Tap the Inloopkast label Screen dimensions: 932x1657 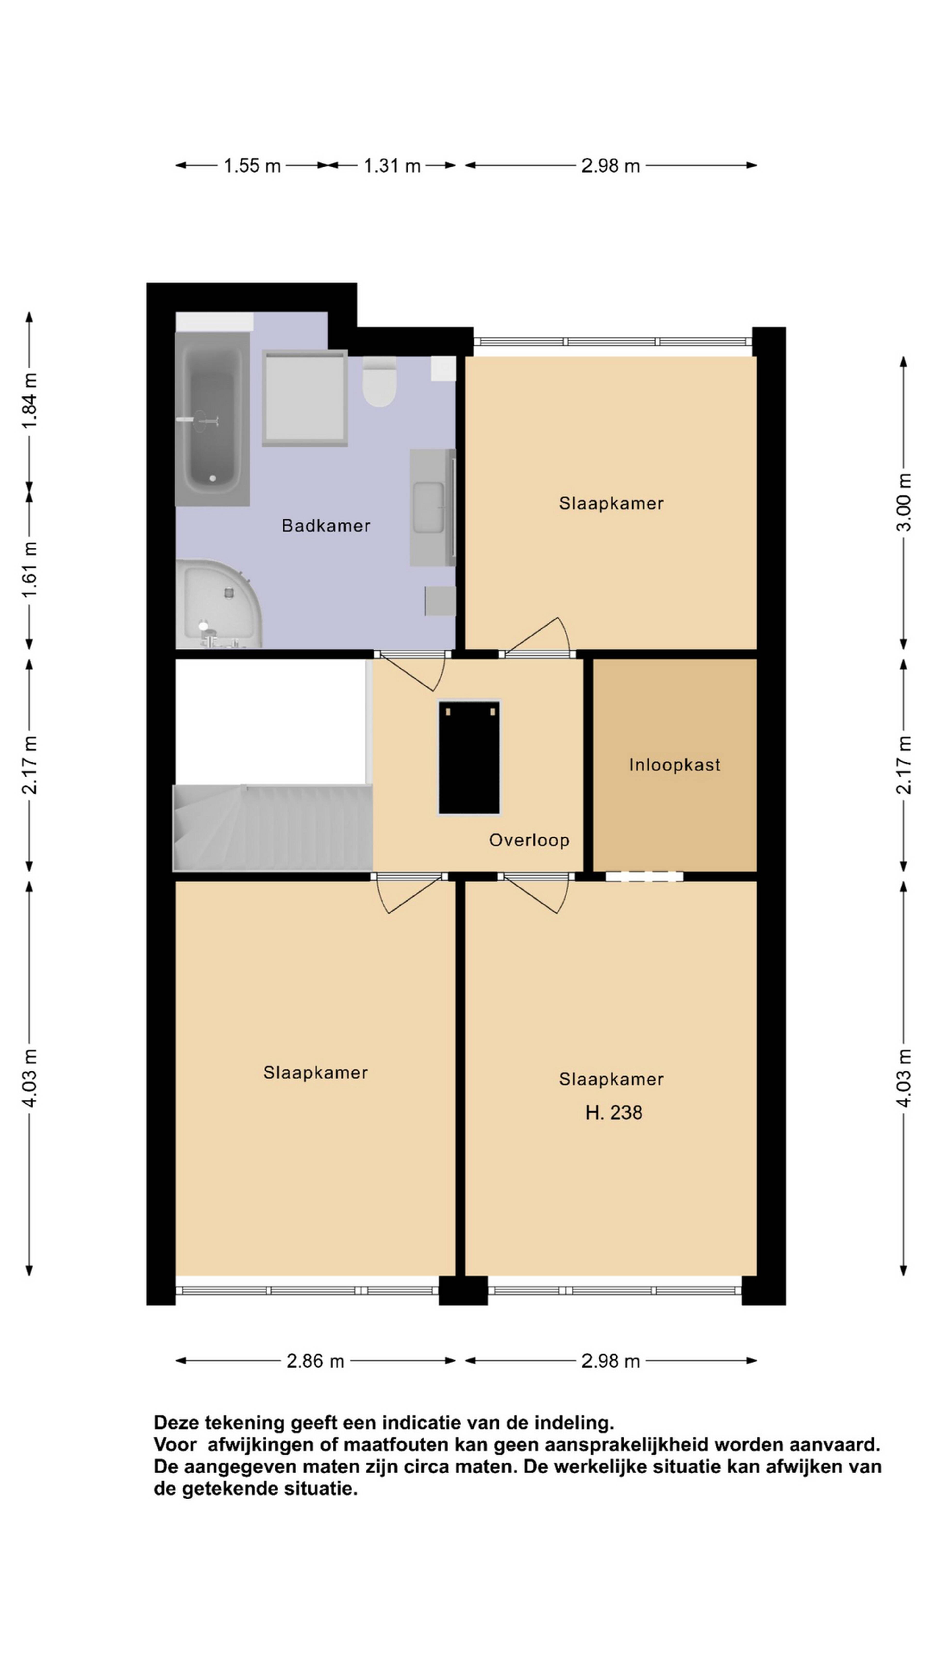click(674, 765)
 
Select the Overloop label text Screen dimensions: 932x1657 click(529, 840)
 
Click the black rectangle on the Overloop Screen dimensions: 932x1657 click(469, 758)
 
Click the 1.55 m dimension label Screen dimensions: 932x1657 click(251, 166)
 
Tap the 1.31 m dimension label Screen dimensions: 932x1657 click(392, 166)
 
